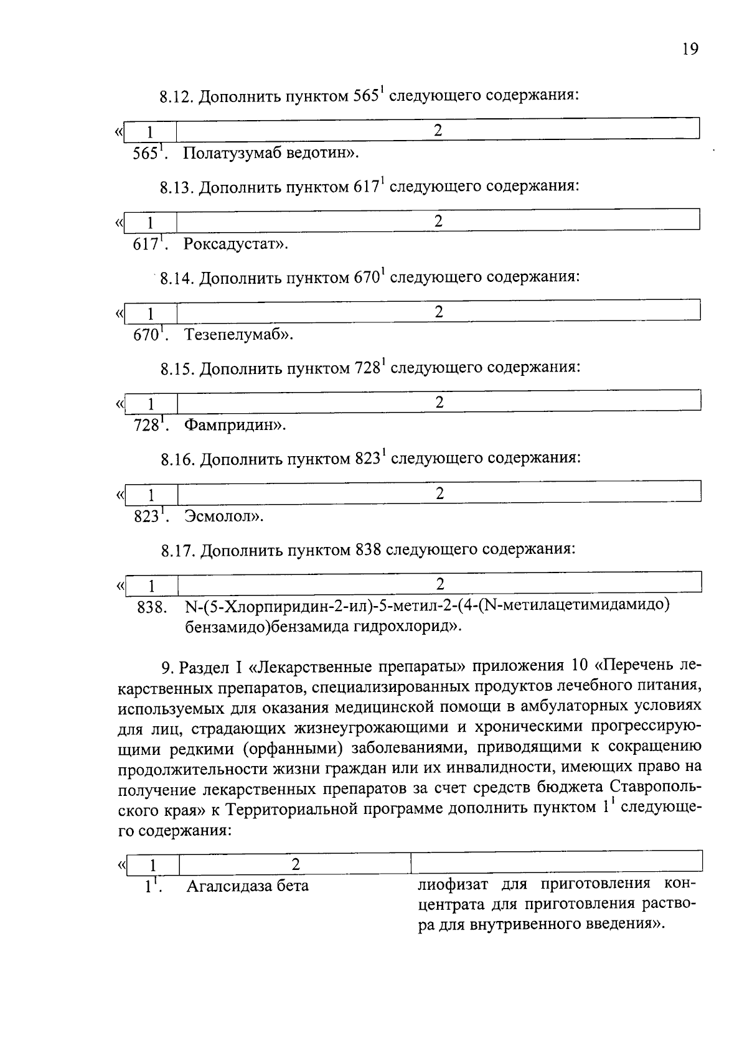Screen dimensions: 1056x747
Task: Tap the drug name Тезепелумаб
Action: point(234,335)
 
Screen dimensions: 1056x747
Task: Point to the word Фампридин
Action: point(231,426)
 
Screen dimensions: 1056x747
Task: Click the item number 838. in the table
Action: point(152,608)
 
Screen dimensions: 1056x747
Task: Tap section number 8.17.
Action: point(179,551)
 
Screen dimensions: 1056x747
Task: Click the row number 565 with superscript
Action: point(149,153)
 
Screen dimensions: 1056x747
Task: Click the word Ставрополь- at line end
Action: point(656,787)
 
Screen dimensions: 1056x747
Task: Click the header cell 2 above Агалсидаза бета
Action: point(296,864)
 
